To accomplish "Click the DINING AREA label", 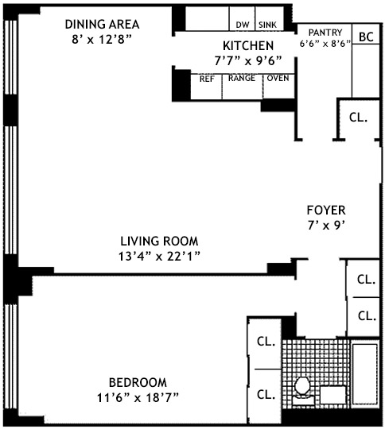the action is [x=102, y=25].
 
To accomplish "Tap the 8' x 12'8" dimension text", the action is [x=102, y=40].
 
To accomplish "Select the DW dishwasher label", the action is [x=243, y=25].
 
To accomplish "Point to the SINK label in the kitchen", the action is [x=268, y=25].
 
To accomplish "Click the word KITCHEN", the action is [x=248, y=46].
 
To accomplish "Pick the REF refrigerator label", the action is [x=207, y=79].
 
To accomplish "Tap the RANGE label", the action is [x=242, y=78].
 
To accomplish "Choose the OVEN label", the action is [x=278, y=78].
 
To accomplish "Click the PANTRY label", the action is [x=325, y=33].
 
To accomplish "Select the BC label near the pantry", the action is [x=366, y=37].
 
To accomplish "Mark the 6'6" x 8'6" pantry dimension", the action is [x=325, y=44].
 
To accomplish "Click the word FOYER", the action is [x=326, y=210].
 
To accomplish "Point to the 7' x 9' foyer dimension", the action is [x=326, y=226].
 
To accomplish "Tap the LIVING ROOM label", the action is [x=159, y=241].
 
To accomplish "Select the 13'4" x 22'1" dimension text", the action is [x=159, y=257].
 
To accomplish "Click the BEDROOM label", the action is [x=138, y=382].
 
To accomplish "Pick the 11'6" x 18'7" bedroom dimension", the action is [x=138, y=398].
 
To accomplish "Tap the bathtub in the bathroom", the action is [x=365, y=373].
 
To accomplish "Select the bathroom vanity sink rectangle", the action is [x=333, y=395].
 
